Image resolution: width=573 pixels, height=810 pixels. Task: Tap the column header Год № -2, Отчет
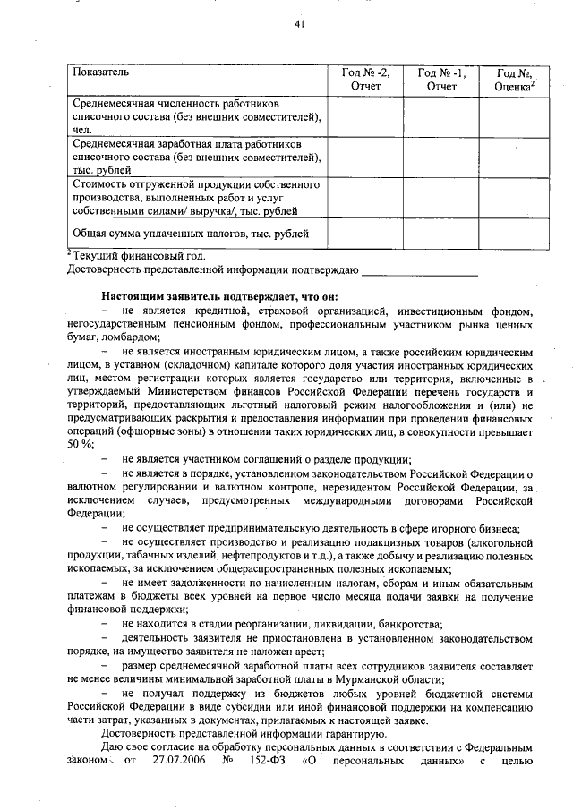(x=366, y=79)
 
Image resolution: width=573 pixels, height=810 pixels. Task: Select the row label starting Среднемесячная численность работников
(x=196, y=115)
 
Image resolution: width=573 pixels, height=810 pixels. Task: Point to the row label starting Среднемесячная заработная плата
(x=196, y=156)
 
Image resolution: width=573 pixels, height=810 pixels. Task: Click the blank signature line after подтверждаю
(x=420, y=269)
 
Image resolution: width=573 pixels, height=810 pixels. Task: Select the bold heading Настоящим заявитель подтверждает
(x=219, y=296)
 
